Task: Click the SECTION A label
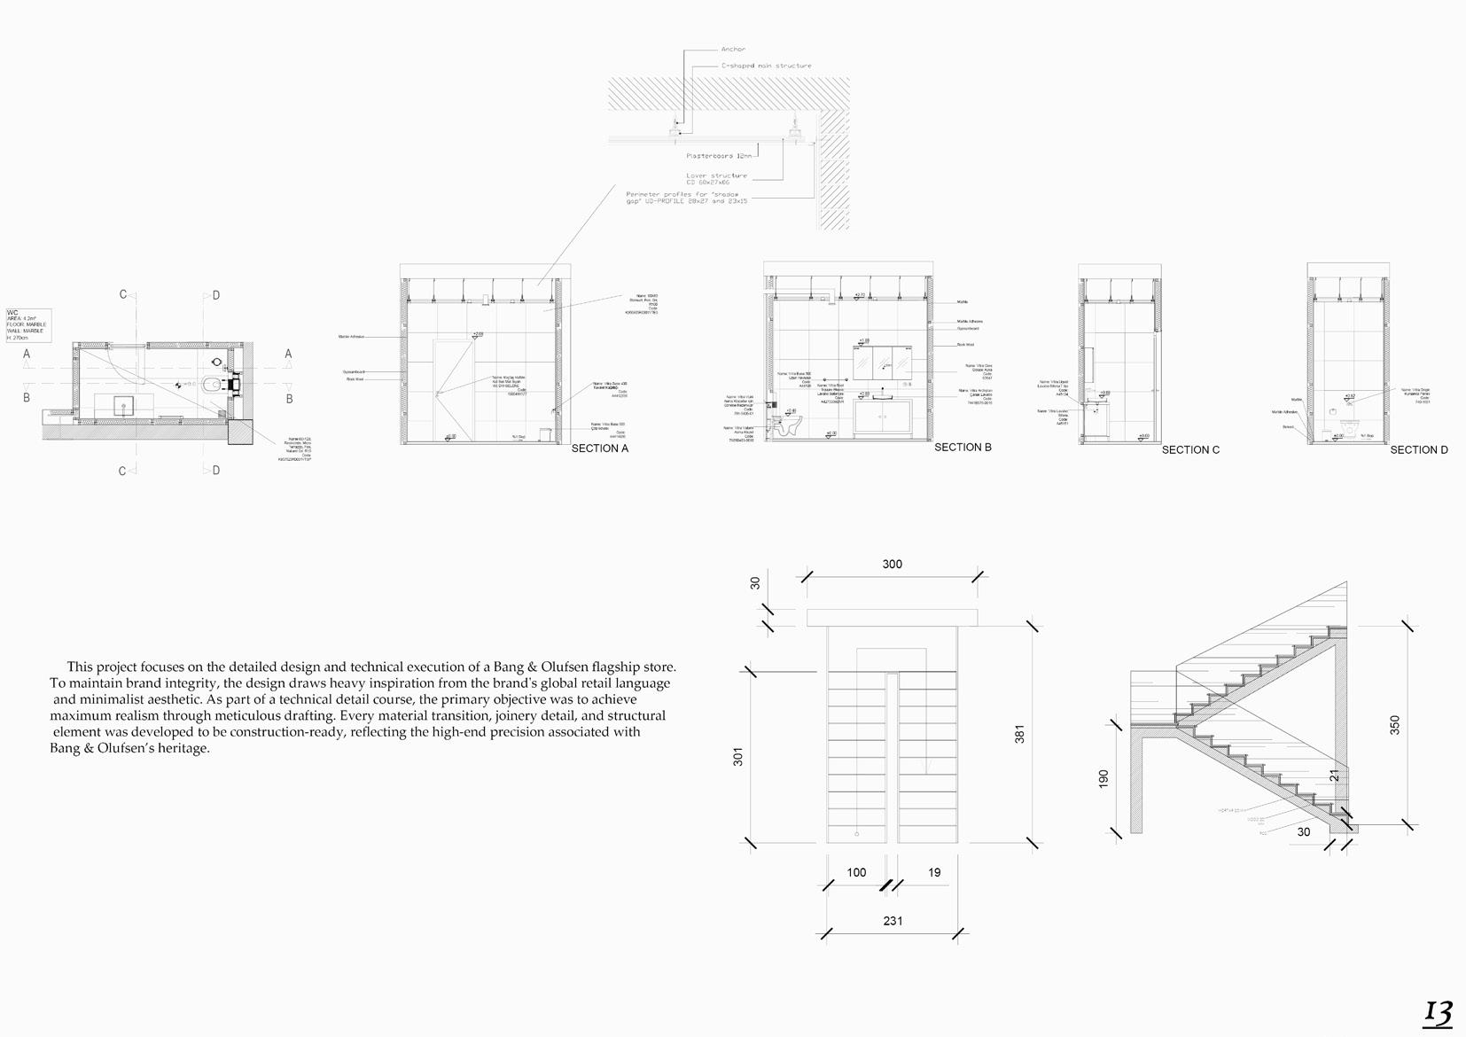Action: click(x=599, y=448)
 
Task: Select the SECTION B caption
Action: click(x=963, y=448)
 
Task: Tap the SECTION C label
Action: click(x=1190, y=450)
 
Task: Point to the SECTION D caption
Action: click(x=1418, y=450)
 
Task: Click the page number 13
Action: click(x=1438, y=1013)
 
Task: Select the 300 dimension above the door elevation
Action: click(x=892, y=565)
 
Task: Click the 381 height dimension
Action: click(x=1019, y=734)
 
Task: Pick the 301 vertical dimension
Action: click(x=738, y=756)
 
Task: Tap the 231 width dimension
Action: click(x=893, y=921)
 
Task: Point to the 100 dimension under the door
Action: click(x=856, y=873)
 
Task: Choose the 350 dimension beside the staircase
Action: click(x=1395, y=725)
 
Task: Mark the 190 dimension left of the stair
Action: click(x=1103, y=779)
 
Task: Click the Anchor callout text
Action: click(x=733, y=50)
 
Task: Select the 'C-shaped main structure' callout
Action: click(x=766, y=66)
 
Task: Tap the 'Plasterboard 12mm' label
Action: click(x=721, y=156)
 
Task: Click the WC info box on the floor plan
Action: click(x=27, y=325)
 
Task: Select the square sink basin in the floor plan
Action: click(x=124, y=406)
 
